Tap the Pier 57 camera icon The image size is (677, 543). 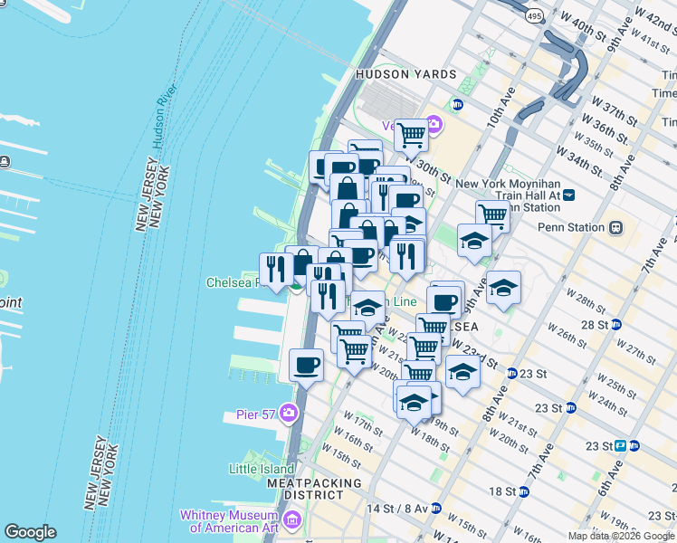[x=289, y=414]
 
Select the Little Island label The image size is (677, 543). [x=262, y=469]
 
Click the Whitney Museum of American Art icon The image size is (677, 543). [x=291, y=519]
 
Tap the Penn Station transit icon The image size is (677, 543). [x=616, y=227]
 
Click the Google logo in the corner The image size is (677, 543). [x=30, y=532]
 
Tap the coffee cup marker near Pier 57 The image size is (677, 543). [x=306, y=365]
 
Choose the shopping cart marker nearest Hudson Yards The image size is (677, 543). [x=411, y=136]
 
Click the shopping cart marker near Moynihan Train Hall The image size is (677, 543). [x=492, y=214]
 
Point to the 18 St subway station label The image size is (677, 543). [x=502, y=491]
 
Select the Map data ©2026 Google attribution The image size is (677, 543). [x=622, y=536]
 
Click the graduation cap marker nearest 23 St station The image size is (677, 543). [x=462, y=372]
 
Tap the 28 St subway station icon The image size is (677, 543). [x=615, y=324]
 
